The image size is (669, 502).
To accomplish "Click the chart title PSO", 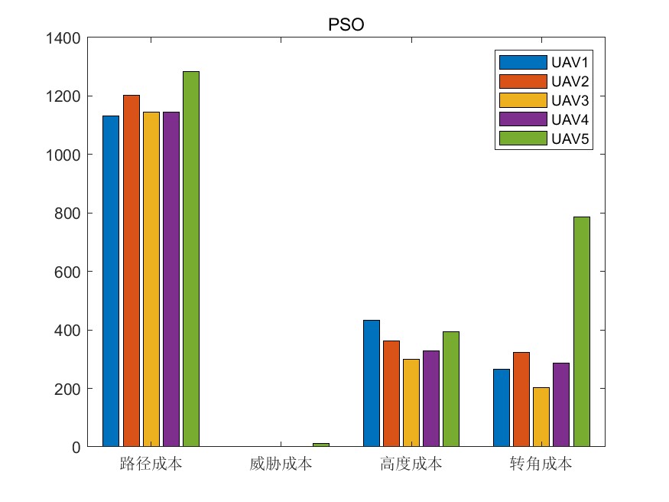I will coord(346,24).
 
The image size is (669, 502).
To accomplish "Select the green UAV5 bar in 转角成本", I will coord(582,331).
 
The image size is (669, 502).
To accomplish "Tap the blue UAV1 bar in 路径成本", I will coord(111,281).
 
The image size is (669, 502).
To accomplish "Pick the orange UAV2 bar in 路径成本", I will coord(131,270).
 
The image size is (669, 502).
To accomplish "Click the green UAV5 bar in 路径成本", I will coord(190,259).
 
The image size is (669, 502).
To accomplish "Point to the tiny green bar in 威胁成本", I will coord(320,445).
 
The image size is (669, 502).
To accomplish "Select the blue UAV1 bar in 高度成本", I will coord(371,383).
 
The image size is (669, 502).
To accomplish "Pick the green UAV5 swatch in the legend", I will coord(522,138).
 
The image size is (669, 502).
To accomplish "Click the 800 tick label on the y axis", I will coord(68,214).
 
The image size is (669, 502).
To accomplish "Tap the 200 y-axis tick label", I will coord(68,389).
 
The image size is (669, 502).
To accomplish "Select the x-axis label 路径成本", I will coord(151,464).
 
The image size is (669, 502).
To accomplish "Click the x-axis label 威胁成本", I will coord(281,464).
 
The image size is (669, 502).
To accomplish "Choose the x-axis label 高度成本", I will coord(411,464).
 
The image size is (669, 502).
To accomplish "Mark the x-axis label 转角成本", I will coord(541,464).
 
